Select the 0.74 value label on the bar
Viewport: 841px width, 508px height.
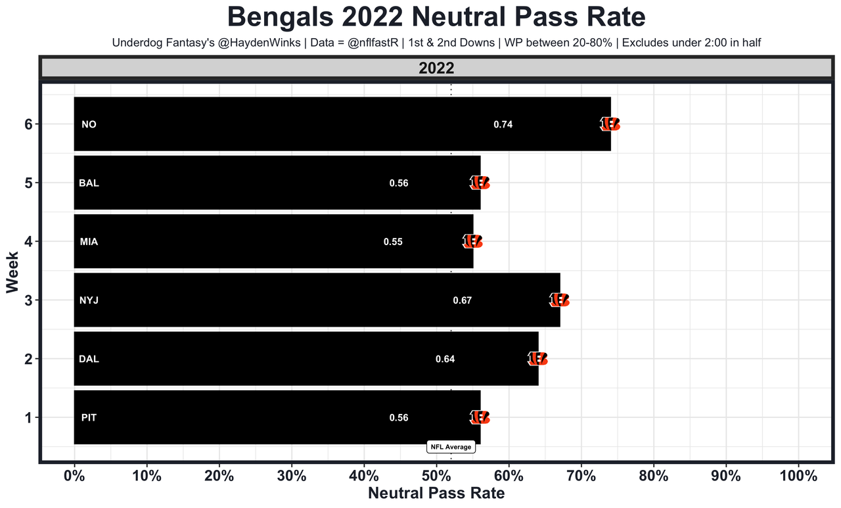click(503, 124)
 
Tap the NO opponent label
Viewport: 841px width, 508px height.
click(89, 124)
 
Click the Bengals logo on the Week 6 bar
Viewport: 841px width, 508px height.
click(610, 124)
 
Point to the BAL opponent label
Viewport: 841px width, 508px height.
click(89, 183)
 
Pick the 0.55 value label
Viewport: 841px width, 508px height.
click(393, 241)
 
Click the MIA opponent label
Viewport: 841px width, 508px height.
click(89, 241)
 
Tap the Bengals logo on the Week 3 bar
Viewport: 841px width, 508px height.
click(559, 300)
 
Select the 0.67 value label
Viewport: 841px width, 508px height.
click(463, 300)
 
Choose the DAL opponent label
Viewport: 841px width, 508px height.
click(89, 359)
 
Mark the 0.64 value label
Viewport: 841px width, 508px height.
click(445, 359)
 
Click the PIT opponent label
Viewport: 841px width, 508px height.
click(89, 417)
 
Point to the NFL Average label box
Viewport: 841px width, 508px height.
click(451, 447)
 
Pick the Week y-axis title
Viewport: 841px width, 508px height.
click(12, 271)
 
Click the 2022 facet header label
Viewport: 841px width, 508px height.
click(436, 68)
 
